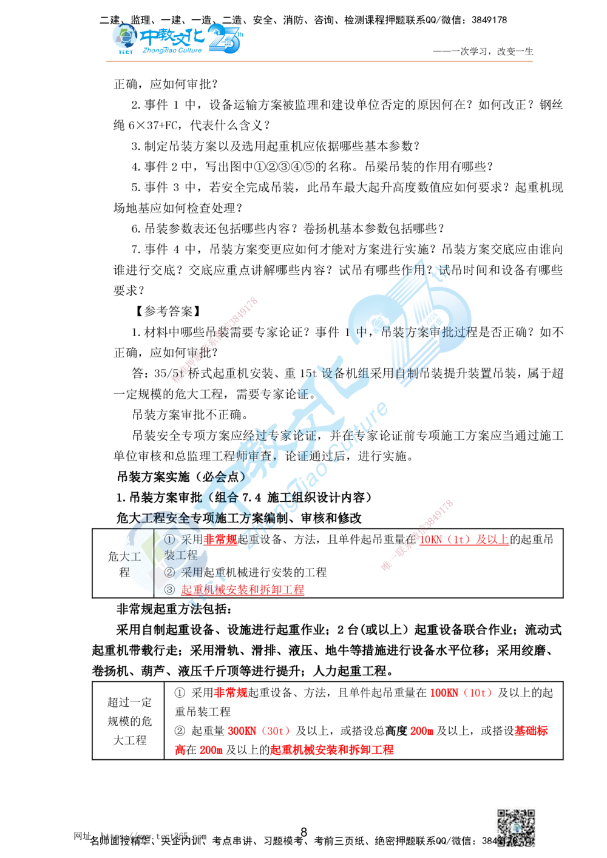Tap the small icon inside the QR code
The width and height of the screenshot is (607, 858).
coord(515,826)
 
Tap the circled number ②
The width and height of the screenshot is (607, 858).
coord(169,572)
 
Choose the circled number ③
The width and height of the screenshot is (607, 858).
coord(169,589)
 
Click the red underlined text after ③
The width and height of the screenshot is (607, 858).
coord(243,589)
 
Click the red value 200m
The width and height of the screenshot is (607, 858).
coord(422,731)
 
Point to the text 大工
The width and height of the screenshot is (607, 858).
coord(131,556)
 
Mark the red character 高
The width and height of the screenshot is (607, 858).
coord(178,751)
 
